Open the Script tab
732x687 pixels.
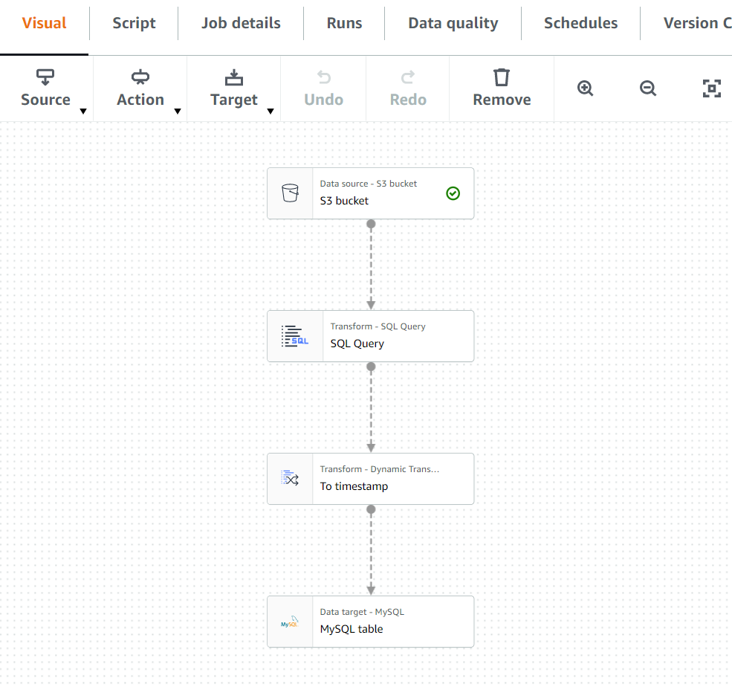click(134, 23)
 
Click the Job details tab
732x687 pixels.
click(241, 23)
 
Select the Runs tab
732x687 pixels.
click(344, 23)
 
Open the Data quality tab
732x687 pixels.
click(453, 23)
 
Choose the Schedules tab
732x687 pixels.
click(580, 23)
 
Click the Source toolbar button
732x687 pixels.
click(45, 88)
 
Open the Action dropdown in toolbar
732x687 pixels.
click(140, 88)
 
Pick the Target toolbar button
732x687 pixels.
click(233, 88)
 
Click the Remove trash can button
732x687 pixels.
click(502, 88)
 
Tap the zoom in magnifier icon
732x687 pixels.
click(586, 88)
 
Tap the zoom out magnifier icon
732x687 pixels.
click(648, 88)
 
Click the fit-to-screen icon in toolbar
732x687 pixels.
click(711, 88)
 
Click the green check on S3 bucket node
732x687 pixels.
click(453, 193)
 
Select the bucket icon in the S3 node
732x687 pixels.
click(290, 193)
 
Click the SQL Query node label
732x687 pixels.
click(357, 343)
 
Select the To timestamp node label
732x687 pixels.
click(354, 486)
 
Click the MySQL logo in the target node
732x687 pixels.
click(290, 622)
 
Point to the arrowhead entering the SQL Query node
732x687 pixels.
click(371, 305)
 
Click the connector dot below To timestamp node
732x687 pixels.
click(371, 509)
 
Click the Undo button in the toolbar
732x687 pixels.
click(323, 88)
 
